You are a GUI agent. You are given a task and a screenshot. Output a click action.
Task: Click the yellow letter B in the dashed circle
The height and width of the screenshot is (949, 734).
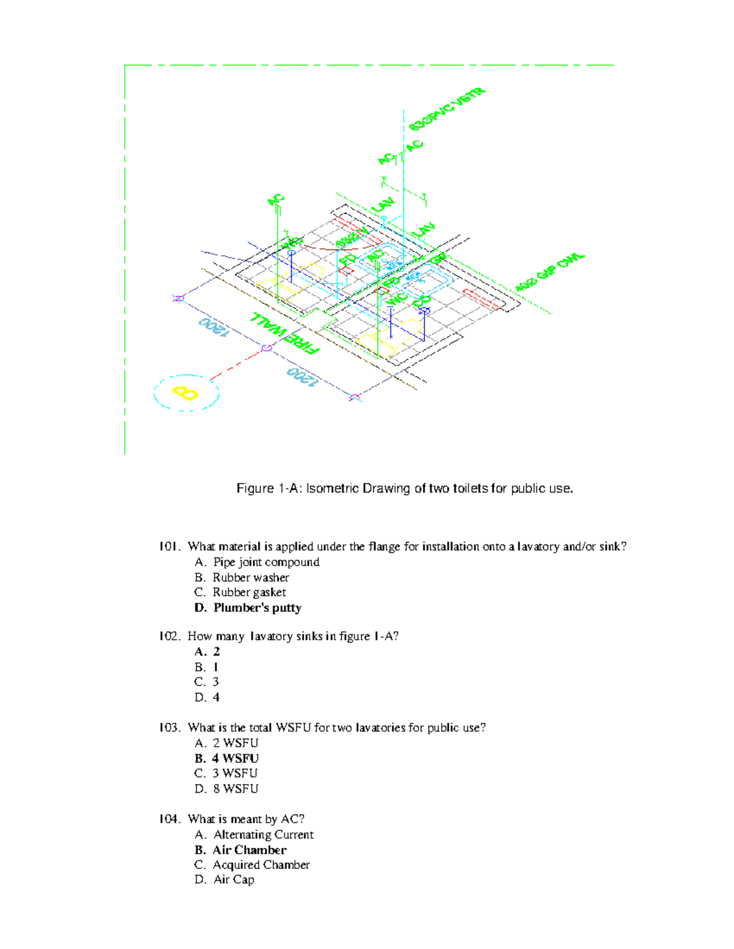coord(185,392)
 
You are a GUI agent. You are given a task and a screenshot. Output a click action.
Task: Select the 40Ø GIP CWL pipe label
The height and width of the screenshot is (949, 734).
coord(550,272)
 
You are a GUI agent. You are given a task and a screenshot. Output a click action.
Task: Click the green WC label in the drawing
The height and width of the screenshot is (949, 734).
coord(397,299)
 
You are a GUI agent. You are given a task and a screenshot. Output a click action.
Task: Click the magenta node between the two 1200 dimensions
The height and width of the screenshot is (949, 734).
coord(267,348)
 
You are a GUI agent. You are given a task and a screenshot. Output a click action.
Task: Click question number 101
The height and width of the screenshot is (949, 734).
coord(169,546)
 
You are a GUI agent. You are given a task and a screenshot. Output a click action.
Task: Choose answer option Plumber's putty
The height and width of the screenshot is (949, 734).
coord(257,607)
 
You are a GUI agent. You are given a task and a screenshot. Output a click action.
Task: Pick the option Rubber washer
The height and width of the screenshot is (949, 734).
coord(250,577)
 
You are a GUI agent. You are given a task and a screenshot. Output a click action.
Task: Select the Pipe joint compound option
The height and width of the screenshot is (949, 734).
coord(265,562)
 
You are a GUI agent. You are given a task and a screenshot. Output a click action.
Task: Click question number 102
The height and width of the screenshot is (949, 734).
coord(169,636)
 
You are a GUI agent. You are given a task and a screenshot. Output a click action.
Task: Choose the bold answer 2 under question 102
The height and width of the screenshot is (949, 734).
coord(216,651)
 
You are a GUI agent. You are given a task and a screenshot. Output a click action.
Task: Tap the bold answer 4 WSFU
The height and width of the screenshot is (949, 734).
coord(235,758)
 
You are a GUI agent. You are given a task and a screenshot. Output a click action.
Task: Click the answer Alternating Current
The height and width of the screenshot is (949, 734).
coord(263,835)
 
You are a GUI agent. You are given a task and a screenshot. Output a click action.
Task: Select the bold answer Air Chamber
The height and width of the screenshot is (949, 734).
coord(249,850)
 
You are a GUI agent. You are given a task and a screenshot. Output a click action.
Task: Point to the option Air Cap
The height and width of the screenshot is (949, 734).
coord(234,880)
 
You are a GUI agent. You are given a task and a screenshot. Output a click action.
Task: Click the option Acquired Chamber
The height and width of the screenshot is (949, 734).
coord(261,865)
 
